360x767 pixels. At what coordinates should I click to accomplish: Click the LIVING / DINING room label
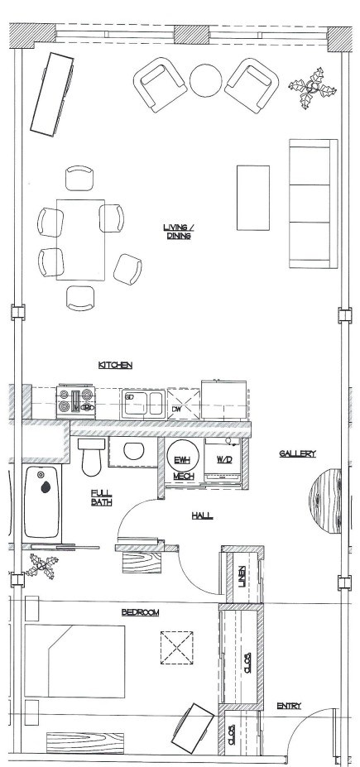pyautogui.click(x=178, y=232)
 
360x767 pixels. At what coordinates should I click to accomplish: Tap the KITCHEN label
pyautogui.click(x=116, y=365)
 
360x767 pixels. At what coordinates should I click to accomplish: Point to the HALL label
pyautogui.click(x=202, y=515)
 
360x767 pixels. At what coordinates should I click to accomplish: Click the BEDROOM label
pyautogui.click(x=140, y=612)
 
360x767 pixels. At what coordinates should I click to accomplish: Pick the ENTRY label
pyautogui.click(x=289, y=706)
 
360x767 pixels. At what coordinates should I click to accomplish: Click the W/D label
pyautogui.click(x=224, y=459)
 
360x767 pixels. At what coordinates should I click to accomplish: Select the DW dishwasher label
pyautogui.click(x=177, y=408)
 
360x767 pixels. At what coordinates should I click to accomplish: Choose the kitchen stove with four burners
pyautogui.click(x=76, y=402)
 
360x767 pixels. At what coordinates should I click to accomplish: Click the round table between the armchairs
pyautogui.click(x=205, y=80)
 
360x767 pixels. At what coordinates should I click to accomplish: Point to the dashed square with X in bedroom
pyautogui.click(x=177, y=647)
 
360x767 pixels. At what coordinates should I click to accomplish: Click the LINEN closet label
pyautogui.click(x=242, y=571)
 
